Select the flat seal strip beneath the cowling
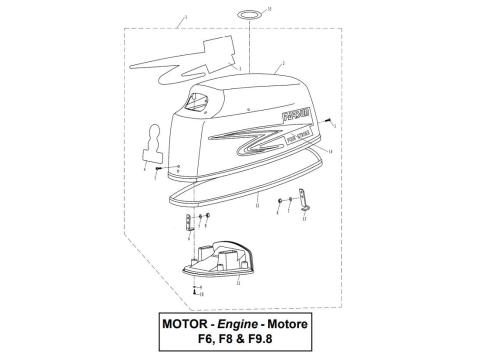(x=250, y=189)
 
